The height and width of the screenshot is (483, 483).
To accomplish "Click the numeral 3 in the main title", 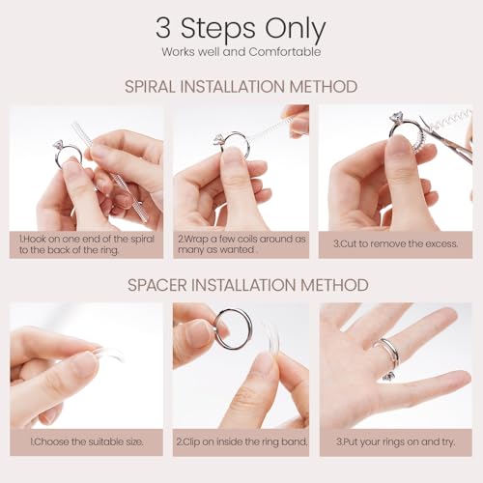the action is tap(163, 28).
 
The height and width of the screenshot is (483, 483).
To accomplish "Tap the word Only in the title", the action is tap(296, 30).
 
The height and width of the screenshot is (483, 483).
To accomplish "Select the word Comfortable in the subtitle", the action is tap(285, 52).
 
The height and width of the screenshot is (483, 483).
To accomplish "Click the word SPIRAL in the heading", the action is tap(151, 87).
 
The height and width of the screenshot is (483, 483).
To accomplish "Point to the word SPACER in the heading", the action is tap(157, 285).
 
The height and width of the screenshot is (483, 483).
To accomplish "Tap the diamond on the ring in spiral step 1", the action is tap(59, 144).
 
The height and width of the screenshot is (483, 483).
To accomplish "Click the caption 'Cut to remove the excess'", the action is tap(395, 243).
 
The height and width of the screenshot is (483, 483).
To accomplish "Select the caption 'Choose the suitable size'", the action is tap(87, 441).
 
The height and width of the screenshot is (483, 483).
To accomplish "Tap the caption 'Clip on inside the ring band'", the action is tap(241, 441).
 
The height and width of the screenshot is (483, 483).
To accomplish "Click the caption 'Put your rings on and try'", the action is tap(396, 441).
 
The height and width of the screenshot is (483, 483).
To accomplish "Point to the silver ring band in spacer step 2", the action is tap(216, 335).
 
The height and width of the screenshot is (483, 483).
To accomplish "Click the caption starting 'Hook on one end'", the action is tap(87, 244).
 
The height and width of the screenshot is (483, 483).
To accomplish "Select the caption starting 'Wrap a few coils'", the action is tap(241, 244).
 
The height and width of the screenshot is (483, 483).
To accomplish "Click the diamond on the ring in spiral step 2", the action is tap(218, 139).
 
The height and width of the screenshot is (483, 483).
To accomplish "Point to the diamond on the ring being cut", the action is tap(396, 117).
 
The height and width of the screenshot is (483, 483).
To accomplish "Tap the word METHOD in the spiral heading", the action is tap(324, 87).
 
